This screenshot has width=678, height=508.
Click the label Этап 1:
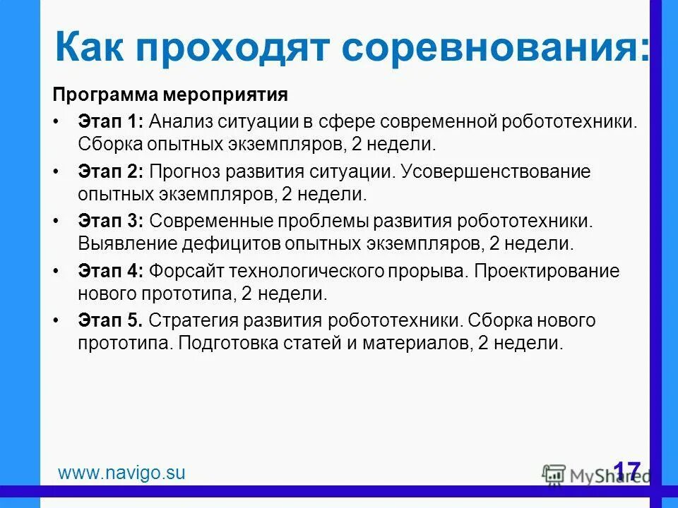(x=110, y=121)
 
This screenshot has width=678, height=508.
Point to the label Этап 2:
(x=110, y=171)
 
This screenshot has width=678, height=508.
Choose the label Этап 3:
(x=110, y=222)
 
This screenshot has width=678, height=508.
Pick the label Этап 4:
(x=110, y=271)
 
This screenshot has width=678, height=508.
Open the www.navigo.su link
(x=121, y=473)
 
